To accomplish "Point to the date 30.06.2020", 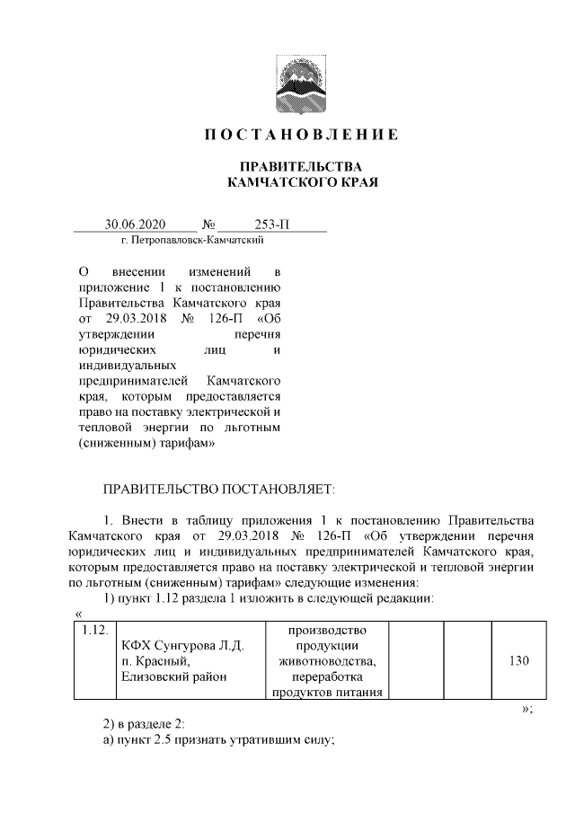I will coord(136,224).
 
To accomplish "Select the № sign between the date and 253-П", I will coord(208,224).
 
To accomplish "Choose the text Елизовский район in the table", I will coord(172,676).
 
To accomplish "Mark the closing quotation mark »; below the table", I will coord(527,708).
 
